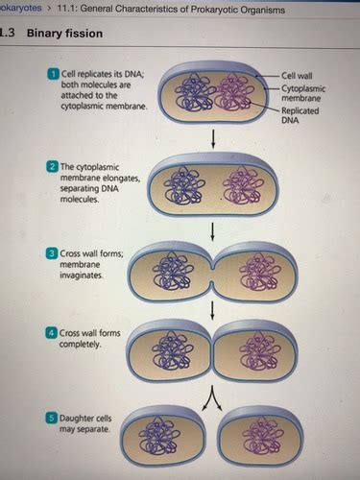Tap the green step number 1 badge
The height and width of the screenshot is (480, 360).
pos(50,75)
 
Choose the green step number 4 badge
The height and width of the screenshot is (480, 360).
pos(50,331)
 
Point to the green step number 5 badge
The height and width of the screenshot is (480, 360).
pos(50,419)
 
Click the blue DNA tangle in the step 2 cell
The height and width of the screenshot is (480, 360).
pos(181,185)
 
